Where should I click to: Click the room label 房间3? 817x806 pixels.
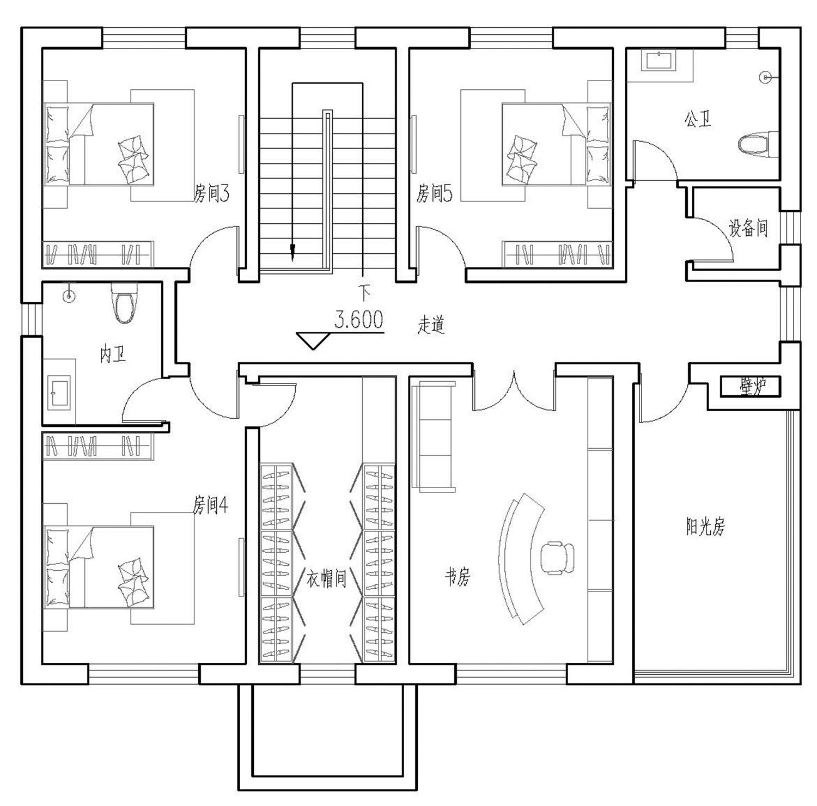pyautogui.click(x=211, y=193)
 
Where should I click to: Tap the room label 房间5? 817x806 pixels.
pyautogui.click(x=434, y=193)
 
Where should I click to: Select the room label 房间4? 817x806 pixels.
pyautogui.click(x=210, y=505)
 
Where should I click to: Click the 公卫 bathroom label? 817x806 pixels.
pyautogui.click(x=698, y=119)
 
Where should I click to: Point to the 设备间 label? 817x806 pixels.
pyautogui.click(x=748, y=228)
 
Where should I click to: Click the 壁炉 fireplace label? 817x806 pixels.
pyautogui.click(x=752, y=386)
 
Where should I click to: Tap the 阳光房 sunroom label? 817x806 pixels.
pyautogui.click(x=705, y=527)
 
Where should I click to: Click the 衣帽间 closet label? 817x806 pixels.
pyautogui.click(x=326, y=578)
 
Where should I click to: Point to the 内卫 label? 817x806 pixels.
pyautogui.click(x=113, y=355)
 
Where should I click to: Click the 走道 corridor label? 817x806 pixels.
pyautogui.click(x=431, y=325)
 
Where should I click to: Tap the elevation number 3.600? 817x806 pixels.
pyautogui.click(x=358, y=320)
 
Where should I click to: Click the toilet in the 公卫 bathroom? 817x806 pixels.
pyautogui.click(x=757, y=144)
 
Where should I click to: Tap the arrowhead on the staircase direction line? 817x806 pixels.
pyautogui.click(x=293, y=252)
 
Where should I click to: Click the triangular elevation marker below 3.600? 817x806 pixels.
pyautogui.click(x=313, y=340)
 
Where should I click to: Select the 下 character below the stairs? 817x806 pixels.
pyautogui.click(x=364, y=294)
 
